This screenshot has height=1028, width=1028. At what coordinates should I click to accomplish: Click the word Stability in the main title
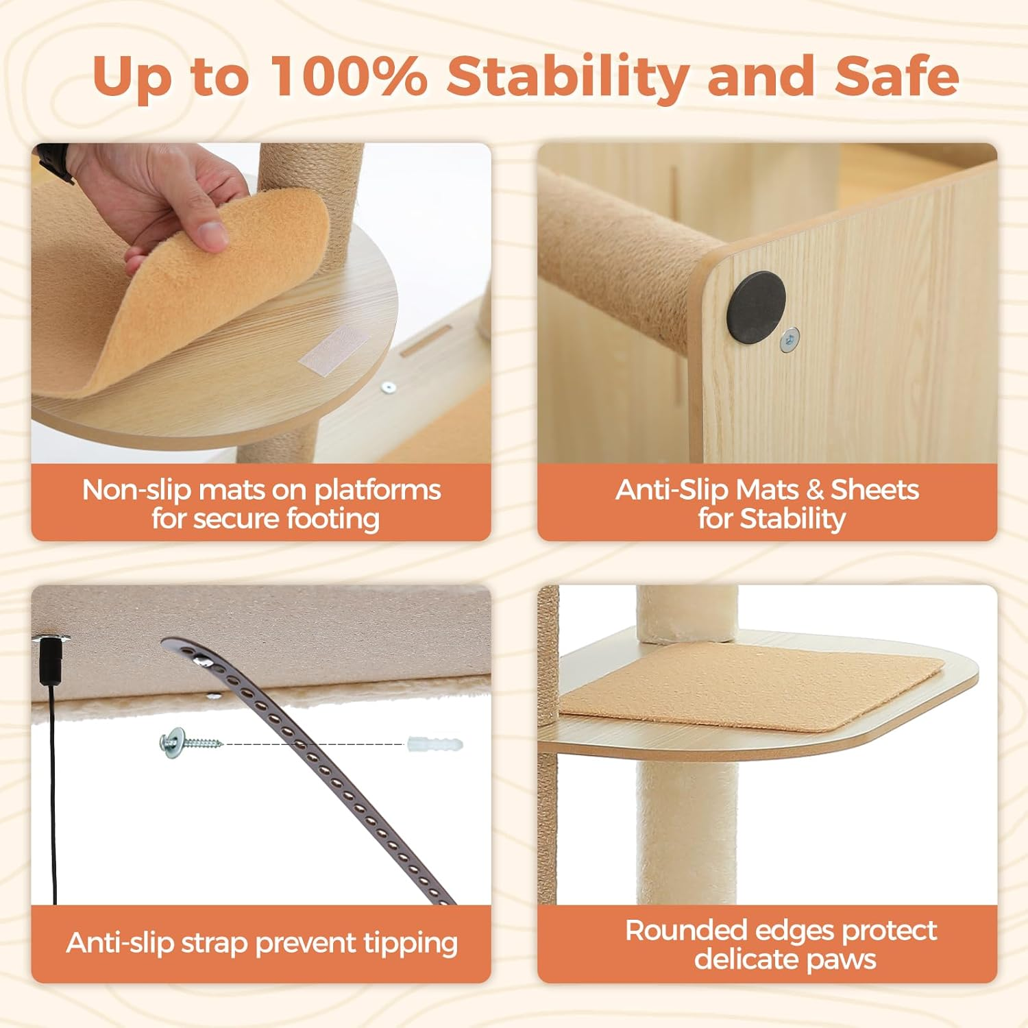click(568, 77)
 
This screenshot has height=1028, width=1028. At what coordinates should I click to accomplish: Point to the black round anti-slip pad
click(757, 308)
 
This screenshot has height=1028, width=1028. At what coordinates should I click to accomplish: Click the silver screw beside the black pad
click(790, 339)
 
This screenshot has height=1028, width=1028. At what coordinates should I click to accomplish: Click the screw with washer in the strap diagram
click(191, 742)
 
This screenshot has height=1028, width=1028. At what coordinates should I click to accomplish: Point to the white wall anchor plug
click(435, 744)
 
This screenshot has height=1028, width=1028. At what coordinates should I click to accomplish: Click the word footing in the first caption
click(333, 519)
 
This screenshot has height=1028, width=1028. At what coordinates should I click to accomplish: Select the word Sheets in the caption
click(874, 489)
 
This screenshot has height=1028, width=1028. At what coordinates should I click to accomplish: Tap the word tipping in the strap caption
click(411, 944)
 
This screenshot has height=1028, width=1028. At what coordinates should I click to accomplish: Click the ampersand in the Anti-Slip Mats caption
click(815, 490)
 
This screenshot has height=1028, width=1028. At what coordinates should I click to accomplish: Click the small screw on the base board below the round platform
click(389, 388)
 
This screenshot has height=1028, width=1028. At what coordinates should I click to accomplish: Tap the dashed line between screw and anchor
click(315, 744)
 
